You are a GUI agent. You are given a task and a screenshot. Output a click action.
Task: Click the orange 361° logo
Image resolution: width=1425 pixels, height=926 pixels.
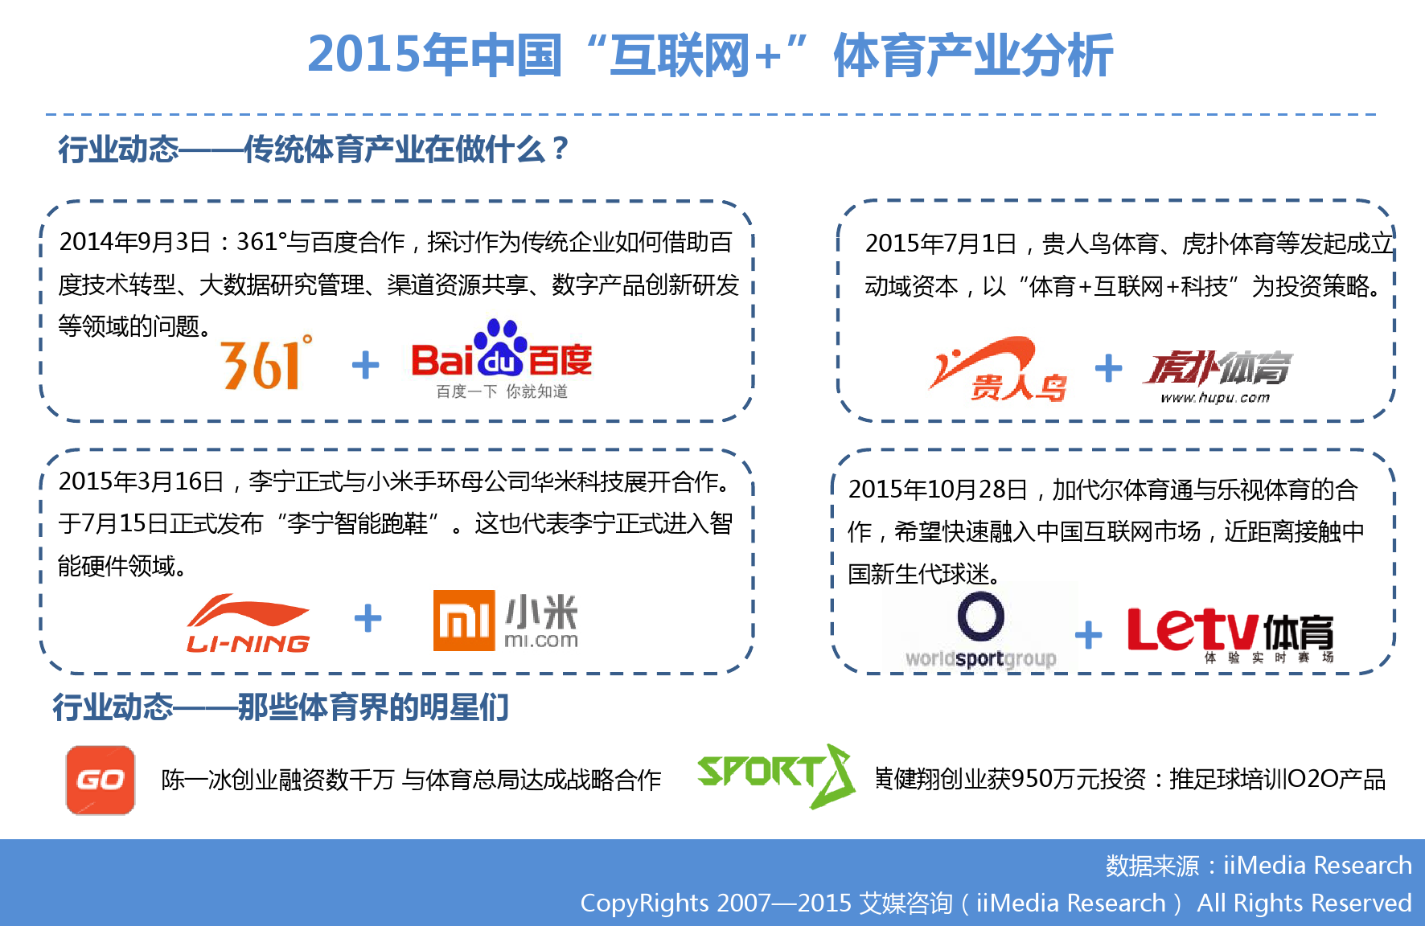coord(266,363)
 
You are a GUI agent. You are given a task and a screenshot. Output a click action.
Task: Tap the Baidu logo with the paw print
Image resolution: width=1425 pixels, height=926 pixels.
coord(502,359)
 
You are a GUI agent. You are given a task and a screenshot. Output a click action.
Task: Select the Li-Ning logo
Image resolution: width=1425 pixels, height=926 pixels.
coord(248,623)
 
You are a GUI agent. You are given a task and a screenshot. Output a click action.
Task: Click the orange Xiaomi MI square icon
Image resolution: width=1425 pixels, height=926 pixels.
coord(463,620)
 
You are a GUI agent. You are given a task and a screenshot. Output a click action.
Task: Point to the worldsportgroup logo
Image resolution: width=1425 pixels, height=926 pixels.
coord(980,630)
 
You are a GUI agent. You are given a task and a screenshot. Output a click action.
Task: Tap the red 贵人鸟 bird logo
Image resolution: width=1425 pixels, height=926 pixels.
coord(997,368)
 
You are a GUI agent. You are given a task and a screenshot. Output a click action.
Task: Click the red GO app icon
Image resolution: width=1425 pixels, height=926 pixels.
coord(101,780)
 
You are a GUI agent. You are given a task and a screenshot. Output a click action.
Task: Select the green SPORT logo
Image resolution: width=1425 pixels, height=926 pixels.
coord(776,776)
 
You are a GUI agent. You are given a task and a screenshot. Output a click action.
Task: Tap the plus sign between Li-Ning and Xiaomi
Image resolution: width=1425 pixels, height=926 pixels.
coord(368,618)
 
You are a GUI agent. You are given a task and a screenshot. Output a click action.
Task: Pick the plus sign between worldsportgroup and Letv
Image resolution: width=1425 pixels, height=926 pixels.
coord(1088,635)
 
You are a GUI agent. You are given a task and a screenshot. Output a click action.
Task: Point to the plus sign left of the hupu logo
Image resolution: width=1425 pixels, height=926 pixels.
coord(1108,368)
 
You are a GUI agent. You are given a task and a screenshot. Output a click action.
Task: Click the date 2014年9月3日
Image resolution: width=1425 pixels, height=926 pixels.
coord(135,242)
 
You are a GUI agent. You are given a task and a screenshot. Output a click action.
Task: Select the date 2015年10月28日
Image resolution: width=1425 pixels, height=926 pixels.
coord(938,489)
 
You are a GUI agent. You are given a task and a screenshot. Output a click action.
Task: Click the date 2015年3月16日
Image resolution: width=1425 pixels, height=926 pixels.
coord(141,481)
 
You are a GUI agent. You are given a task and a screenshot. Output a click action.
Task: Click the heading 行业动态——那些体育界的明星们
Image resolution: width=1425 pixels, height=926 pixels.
coord(281,707)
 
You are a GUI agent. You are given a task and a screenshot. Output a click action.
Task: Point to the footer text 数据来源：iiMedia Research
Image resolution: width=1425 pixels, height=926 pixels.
coord(1259,865)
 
